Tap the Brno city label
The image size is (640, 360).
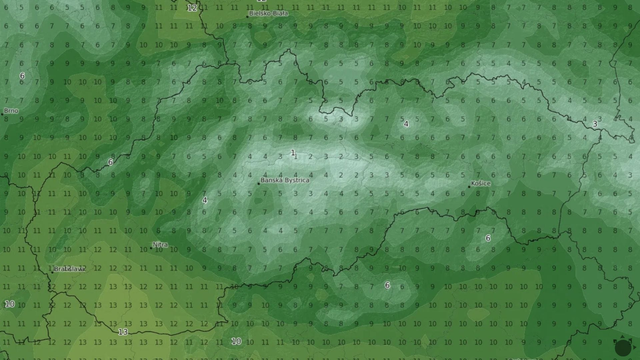click(11, 110)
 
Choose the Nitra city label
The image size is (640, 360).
click(161, 245)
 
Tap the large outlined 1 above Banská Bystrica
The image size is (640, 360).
click(292, 153)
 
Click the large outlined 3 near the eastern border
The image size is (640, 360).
click(595, 124)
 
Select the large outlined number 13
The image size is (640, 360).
click(123, 332)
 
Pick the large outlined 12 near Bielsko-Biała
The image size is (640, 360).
click(192, 7)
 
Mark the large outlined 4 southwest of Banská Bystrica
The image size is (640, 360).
click(204, 200)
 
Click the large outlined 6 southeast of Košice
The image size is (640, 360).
click(488, 238)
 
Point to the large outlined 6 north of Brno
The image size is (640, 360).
click(22, 76)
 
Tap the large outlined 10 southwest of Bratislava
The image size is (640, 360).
click(9, 304)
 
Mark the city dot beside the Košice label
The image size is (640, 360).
click(471, 183)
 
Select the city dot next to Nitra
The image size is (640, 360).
click(152, 245)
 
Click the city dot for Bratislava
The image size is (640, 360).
click(53, 268)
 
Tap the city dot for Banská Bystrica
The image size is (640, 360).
click(258, 181)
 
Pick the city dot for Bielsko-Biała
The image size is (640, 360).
click(249, 14)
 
